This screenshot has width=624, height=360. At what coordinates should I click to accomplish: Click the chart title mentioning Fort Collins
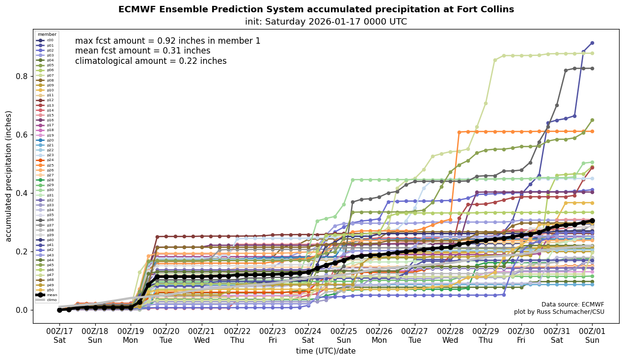(x=316, y=10)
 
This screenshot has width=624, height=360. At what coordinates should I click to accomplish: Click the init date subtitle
(x=326, y=22)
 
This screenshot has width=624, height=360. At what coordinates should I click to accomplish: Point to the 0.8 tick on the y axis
(x=22, y=77)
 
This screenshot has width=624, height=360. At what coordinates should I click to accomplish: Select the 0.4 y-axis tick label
(x=22, y=193)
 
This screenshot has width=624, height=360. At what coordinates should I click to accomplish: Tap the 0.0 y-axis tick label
(x=22, y=310)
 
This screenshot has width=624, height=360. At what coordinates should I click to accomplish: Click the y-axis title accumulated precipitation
(x=9, y=176)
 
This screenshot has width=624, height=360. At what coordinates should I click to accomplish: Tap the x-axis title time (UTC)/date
(x=326, y=351)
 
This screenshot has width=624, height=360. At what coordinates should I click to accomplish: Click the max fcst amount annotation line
(x=167, y=41)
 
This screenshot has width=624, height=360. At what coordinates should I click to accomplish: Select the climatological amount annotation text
(x=151, y=61)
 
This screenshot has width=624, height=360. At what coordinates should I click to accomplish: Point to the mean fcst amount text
(x=142, y=51)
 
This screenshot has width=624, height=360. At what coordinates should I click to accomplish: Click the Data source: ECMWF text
(x=572, y=305)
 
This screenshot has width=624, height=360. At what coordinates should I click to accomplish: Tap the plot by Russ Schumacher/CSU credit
(x=559, y=312)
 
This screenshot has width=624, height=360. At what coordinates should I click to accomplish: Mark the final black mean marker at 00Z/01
(x=592, y=221)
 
